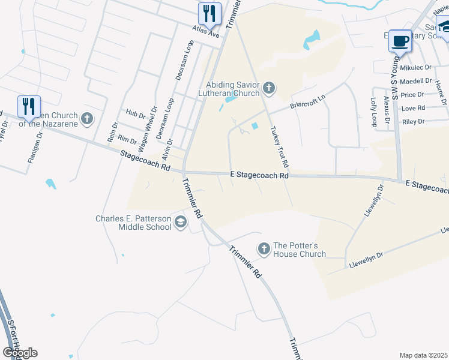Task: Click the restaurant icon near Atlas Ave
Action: click(209, 13)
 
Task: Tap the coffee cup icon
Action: click(400, 41)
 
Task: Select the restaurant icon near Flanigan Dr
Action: click(29, 107)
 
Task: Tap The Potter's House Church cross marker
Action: click(264, 248)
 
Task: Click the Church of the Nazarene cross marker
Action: click(87, 118)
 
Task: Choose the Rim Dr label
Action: click(127, 139)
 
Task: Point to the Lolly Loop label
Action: click(373, 112)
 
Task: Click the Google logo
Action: click(20, 353)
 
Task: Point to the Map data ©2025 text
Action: click(423, 355)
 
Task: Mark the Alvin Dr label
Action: click(169, 148)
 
